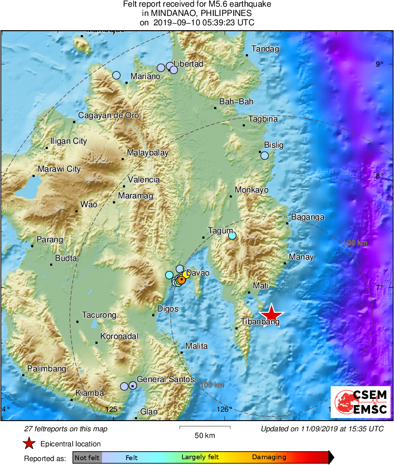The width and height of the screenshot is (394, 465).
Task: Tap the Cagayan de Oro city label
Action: point(108,116)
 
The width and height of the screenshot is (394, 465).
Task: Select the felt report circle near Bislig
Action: point(264,155)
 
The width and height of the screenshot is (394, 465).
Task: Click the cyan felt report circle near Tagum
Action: point(232,236)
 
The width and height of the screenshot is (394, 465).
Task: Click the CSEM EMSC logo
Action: point(360,402)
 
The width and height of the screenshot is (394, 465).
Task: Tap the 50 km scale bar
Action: point(205,428)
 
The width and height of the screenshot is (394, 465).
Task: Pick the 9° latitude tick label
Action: point(379,64)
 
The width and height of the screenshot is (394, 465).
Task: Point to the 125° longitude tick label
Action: point(114,409)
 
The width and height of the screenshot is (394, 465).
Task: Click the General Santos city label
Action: point(165,379)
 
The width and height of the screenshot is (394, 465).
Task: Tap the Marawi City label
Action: point(59,169)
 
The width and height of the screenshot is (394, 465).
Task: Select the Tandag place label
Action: point(265,49)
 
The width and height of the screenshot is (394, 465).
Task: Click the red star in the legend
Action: point(29,443)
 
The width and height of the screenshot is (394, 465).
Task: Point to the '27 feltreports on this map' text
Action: point(66,429)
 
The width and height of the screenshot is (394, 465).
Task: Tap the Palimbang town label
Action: point(47,369)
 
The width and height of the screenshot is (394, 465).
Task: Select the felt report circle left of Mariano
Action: point(116,75)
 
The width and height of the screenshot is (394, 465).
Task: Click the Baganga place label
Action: point(307,217)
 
